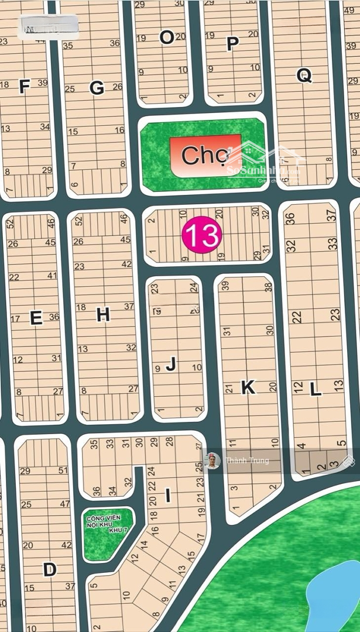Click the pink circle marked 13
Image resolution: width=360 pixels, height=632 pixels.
[202, 235]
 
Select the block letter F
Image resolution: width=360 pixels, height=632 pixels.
[24, 87]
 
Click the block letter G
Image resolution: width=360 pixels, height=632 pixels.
[97, 88]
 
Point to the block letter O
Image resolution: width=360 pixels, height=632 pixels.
[167, 37]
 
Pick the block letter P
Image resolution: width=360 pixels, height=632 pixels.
[232, 44]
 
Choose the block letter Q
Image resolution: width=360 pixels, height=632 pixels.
[304, 75]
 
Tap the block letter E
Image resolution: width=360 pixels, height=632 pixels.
[36, 318]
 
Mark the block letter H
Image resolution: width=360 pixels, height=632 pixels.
[103, 315]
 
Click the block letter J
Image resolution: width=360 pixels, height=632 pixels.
[171, 365]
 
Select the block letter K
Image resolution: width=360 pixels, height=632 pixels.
[248, 387]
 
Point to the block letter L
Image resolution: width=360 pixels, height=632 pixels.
[316, 389]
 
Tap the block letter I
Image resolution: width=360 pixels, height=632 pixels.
[168, 496]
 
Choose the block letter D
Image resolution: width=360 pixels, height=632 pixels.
[50, 569]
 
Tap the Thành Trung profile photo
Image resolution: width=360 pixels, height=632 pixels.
[212, 461]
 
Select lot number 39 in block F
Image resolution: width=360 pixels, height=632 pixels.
[43, 83]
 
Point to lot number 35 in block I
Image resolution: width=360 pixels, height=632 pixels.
[94, 444]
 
